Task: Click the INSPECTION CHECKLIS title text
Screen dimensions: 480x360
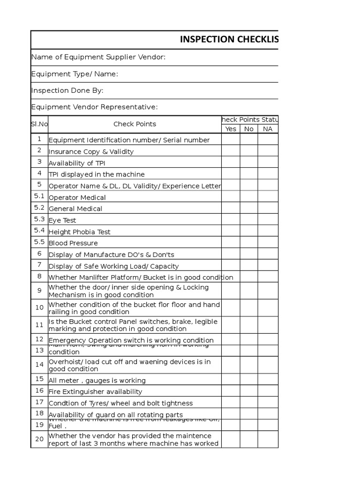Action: [x=229, y=39]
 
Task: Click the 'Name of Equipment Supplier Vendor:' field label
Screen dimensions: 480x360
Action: [x=98, y=57]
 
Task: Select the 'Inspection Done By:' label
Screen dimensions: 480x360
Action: [x=67, y=90]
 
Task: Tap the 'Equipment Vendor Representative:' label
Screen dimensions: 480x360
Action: [x=94, y=107]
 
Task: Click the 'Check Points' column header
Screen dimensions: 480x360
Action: [x=135, y=124]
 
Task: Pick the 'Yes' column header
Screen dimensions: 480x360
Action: [x=231, y=129]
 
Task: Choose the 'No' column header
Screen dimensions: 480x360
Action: [x=249, y=129]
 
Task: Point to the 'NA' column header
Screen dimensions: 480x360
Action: [x=268, y=129]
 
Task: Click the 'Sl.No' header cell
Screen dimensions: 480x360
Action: [x=39, y=124]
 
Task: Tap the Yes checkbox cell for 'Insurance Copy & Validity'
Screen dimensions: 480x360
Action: [x=231, y=151]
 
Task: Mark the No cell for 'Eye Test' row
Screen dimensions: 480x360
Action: [x=249, y=219]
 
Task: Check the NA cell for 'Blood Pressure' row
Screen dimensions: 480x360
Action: [x=268, y=242]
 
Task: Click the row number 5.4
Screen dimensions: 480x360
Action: [x=39, y=231]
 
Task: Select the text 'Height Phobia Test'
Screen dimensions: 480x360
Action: [x=80, y=232]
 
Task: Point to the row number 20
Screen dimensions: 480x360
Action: [x=39, y=439]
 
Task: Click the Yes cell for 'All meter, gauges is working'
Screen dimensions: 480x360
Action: [x=231, y=380]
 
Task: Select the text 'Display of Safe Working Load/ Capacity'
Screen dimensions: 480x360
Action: [x=113, y=266]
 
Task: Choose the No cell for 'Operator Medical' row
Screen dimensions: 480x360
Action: [x=249, y=197]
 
